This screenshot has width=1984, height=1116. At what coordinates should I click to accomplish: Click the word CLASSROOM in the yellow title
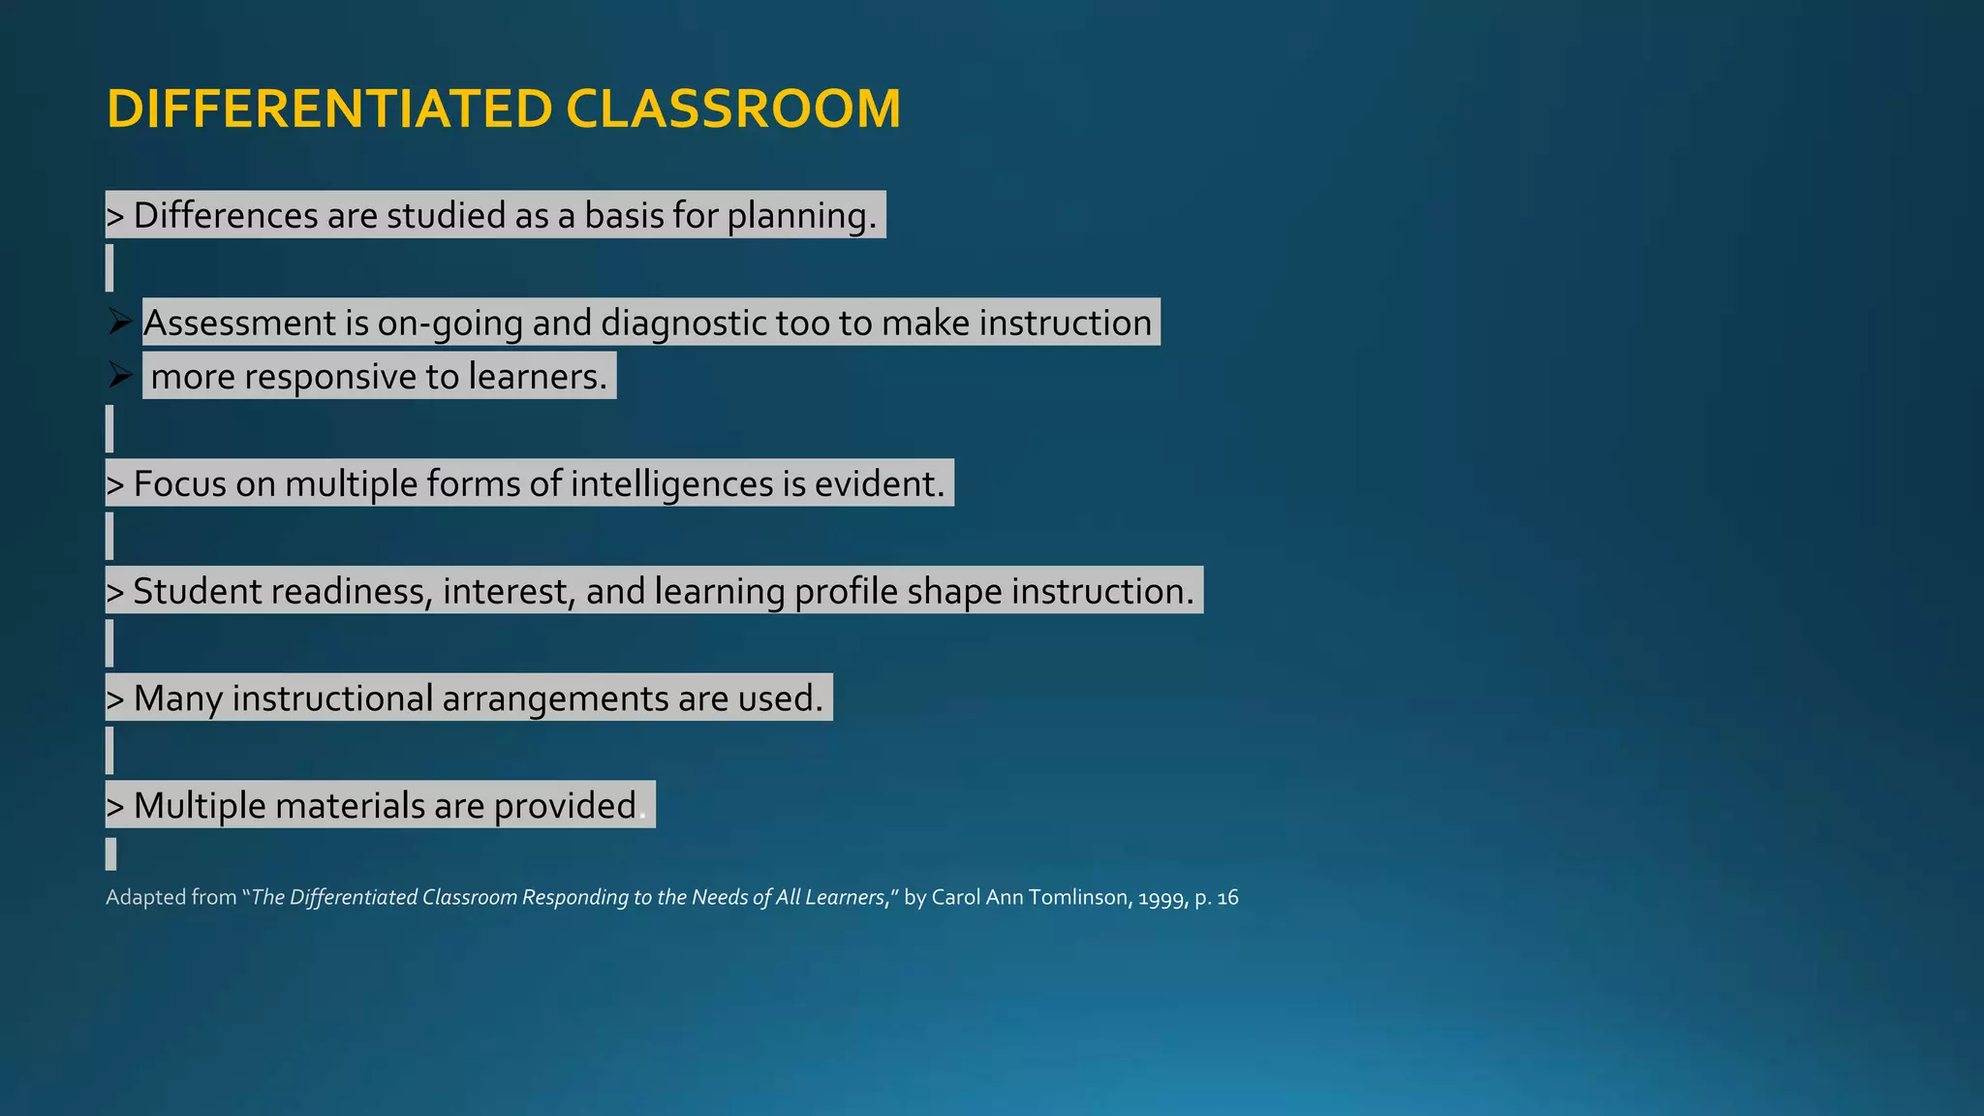[x=732, y=108]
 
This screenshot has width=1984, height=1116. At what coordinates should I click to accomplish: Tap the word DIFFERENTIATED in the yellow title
[x=329, y=108]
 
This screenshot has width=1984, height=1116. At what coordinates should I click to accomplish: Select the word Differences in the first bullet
[x=226, y=215]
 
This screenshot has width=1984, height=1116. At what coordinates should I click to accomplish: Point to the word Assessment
[x=239, y=323]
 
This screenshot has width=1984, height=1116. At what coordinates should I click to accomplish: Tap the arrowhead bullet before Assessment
[x=120, y=322]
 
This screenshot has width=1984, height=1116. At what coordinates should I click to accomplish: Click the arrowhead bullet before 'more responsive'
[x=120, y=375]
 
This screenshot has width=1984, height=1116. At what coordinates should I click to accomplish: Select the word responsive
[x=330, y=377]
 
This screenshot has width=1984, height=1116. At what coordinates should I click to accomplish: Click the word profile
[x=846, y=591]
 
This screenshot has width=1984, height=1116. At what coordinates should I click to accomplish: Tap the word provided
[x=565, y=806]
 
